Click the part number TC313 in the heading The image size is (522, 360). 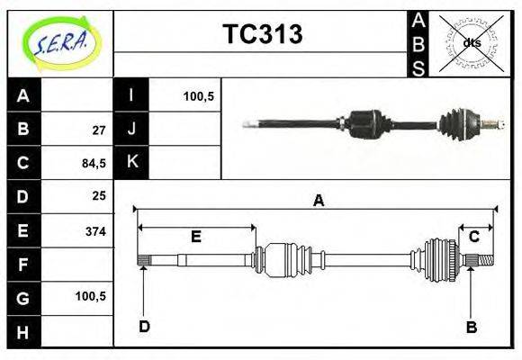[x=262, y=35]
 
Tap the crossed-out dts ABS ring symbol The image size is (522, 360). [x=471, y=43]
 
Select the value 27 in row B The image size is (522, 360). [x=98, y=130]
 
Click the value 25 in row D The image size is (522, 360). [x=98, y=196]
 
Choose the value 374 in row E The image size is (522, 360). [x=94, y=231]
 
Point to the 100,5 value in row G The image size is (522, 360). [x=93, y=295]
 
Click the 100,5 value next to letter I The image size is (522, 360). [x=198, y=95]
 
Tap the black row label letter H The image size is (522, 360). [x=23, y=332]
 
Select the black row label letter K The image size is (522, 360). [x=132, y=162]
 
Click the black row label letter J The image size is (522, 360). [x=132, y=129]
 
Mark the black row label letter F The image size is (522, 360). [x=23, y=265]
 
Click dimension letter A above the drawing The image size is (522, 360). [x=318, y=202]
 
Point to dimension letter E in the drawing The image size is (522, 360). [x=196, y=237]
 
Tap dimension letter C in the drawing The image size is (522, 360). [x=473, y=237]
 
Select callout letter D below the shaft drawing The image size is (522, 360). [x=144, y=326]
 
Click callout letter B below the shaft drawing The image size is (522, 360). [x=471, y=327]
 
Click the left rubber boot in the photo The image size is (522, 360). [x=364, y=123]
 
